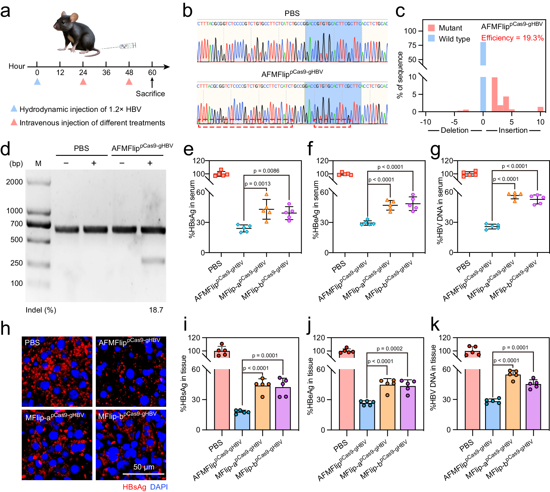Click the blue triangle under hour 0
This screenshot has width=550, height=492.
pyautogui.click(x=37, y=82)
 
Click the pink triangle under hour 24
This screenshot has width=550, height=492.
pyautogui.click(x=83, y=82)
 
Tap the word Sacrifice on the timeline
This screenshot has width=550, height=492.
pyautogui.click(x=150, y=94)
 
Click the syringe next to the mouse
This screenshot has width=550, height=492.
pyautogui.click(x=127, y=46)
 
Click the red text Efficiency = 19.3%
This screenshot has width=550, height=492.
pyautogui.click(x=512, y=38)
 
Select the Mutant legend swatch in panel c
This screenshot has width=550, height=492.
pyautogui.click(x=431, y=28)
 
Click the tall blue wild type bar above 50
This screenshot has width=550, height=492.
pyautogui.click(x=483, y=54)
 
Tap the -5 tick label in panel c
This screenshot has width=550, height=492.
pyautogui.click(x=454, y=122)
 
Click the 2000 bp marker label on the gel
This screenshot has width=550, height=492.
pyautogui.click(x=14, y=182)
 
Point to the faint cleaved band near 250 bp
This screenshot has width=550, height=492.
pyautogui.click(x=153, y=260)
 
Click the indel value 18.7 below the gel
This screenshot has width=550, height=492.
pyautogui.click(x=156, y=310)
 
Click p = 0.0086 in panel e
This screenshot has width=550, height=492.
pyautogui.click(x=266, y=171)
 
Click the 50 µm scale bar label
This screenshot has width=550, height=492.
pyautogui.click(x=144, y=467)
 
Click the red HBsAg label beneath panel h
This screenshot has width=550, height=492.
pyautogui.click(x=134, y=487)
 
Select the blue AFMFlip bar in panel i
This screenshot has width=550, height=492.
pyautogui.click(x=242, y=421)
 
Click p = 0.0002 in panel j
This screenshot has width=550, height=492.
pyautogui.click(x=389, y=349)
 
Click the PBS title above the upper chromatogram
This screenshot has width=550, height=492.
pyautogui.click(x=292, y=13)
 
